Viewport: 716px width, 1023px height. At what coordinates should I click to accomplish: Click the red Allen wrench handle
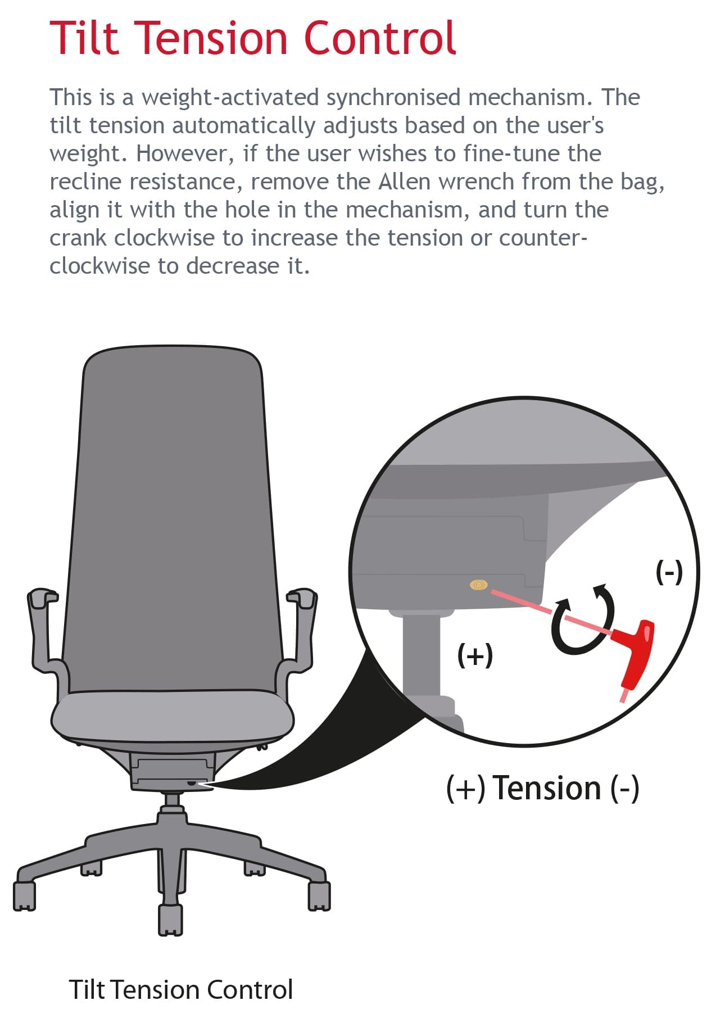pyautogui.click(x=634, y=652)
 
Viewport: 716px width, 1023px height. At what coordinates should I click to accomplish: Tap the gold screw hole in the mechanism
pyautogui.click(x=478, y=585)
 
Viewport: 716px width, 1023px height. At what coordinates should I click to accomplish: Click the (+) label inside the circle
pyautogui.click(x=475, y=655)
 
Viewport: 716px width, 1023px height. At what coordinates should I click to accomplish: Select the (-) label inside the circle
pyautogui.click(x=669, y=573)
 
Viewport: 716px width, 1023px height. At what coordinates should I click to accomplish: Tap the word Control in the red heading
pyautogui.click(x=379, y=38)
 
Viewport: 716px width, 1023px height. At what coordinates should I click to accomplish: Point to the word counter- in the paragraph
pyautogui.click(x=543, y=238)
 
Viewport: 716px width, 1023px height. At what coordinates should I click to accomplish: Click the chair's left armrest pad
pyautogui.click(x=42, y=597)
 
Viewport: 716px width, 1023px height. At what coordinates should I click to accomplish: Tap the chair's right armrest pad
pyautogui.click(x=302, y=597)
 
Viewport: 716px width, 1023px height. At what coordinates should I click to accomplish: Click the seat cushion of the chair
pyautogui.click(x=172, y=717)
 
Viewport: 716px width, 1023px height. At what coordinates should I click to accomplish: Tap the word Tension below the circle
pyautogui.click(x=547, y=788)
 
